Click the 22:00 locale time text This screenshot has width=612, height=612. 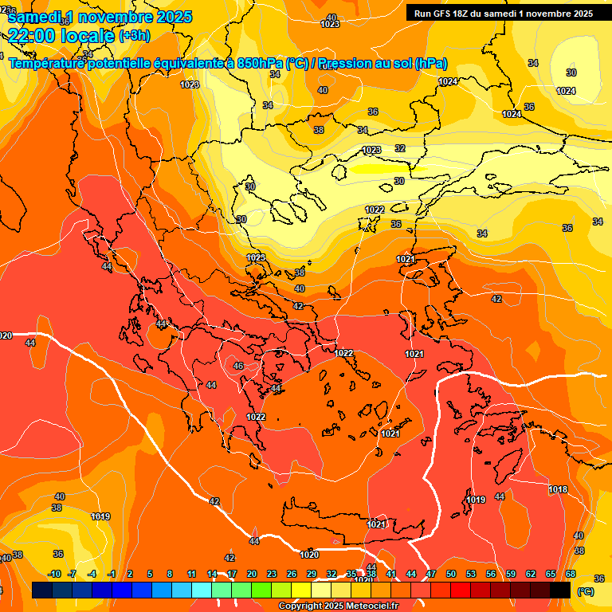(x=61, y=35)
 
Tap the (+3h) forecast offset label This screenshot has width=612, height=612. (x=134, y=36)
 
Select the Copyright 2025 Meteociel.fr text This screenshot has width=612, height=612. (x=339, y=606)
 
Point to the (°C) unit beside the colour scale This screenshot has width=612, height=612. (x=585, y=590)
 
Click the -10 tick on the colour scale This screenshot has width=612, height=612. (x=54, y=574)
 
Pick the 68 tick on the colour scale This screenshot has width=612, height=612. (x=571, y=574)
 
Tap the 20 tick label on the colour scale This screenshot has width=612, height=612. (x=252, y=574)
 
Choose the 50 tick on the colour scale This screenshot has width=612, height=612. (x=451, y=574)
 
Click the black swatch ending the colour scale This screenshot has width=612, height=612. (x=560, y=590)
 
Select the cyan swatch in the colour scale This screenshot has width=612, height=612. (x=202, y=590)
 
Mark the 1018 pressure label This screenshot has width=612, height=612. (x=558, y=489)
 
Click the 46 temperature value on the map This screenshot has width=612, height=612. (x=237, y=366)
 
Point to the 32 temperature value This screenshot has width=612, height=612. (x=399, y=148)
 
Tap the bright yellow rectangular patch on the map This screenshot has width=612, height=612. (x=380, y=168)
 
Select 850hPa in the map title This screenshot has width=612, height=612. (x=260, y=64)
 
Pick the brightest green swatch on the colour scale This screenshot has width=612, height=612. (x=261, y=590)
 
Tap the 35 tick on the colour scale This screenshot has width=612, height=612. (x=351, y=574)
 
